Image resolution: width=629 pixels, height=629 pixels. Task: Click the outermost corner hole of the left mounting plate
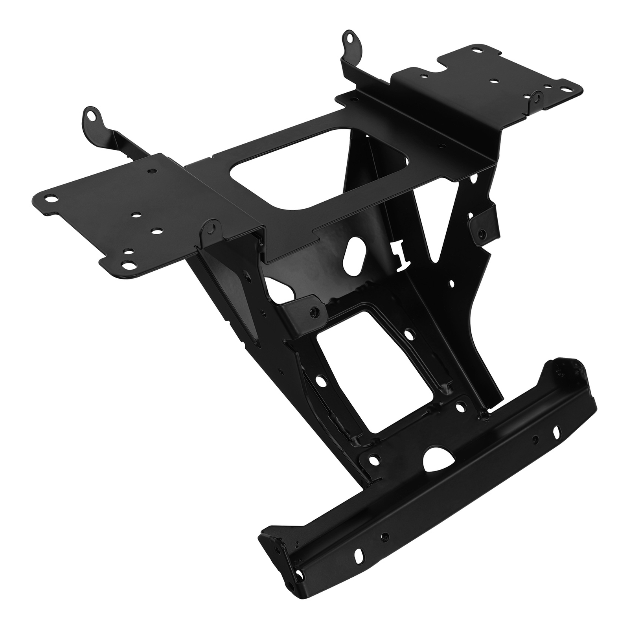coord(49,198)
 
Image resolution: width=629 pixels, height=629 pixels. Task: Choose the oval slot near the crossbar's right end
coord(557,430)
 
